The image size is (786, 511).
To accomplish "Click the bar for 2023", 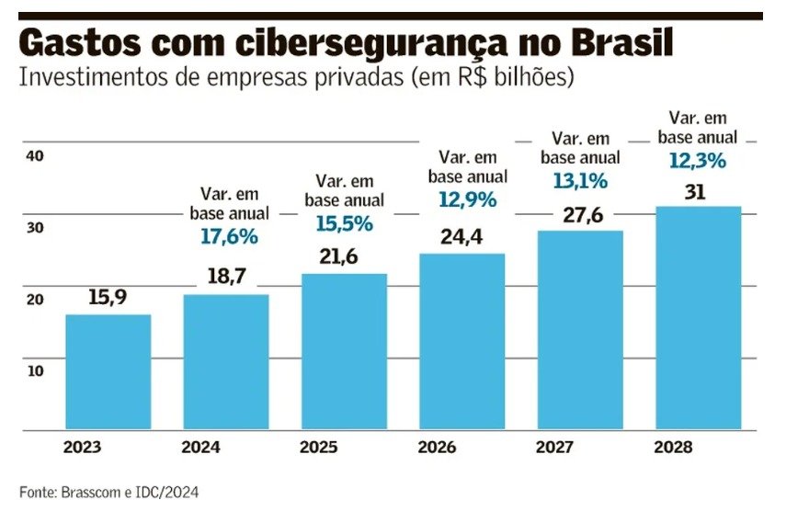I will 108,371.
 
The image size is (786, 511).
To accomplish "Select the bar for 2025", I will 345,351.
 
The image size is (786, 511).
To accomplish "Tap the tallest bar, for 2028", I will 698,317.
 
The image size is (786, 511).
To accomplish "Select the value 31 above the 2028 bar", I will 696,192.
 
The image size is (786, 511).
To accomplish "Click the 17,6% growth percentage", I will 229,236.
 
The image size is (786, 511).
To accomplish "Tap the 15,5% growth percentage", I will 344,222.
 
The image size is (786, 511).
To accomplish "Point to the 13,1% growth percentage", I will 580,181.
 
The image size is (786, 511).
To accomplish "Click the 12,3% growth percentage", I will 698,160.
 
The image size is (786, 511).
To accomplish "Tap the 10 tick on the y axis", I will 35,370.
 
